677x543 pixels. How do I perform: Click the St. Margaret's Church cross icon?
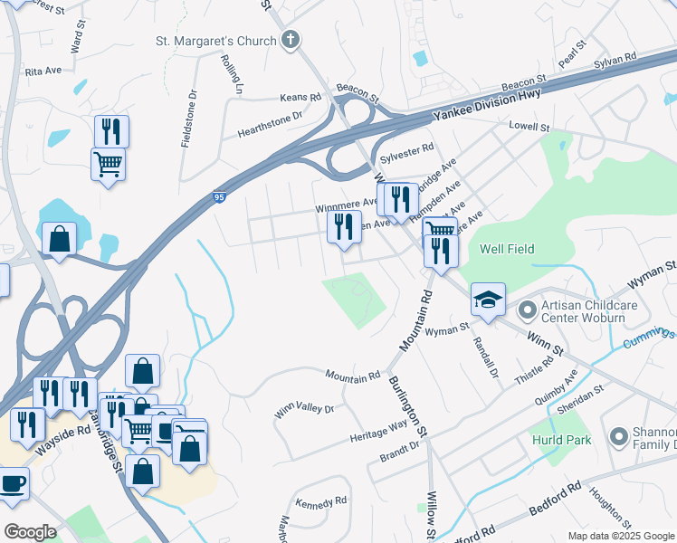pos(291,40)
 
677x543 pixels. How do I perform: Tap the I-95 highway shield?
pos(222,196)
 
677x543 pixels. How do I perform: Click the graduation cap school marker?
pos(488,300)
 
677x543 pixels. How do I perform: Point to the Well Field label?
pos(507,249)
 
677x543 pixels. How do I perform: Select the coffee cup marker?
pos(13,482)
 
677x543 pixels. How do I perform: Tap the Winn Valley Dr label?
pos(304,409)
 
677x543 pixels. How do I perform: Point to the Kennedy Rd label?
pos(321,500)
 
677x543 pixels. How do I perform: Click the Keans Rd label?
pos(301,97)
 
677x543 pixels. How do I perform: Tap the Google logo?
pos(30,532)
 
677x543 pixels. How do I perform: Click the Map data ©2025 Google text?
pos(620,536)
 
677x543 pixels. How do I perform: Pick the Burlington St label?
pos(409,407)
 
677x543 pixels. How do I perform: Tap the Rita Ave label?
pos(43,71)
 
